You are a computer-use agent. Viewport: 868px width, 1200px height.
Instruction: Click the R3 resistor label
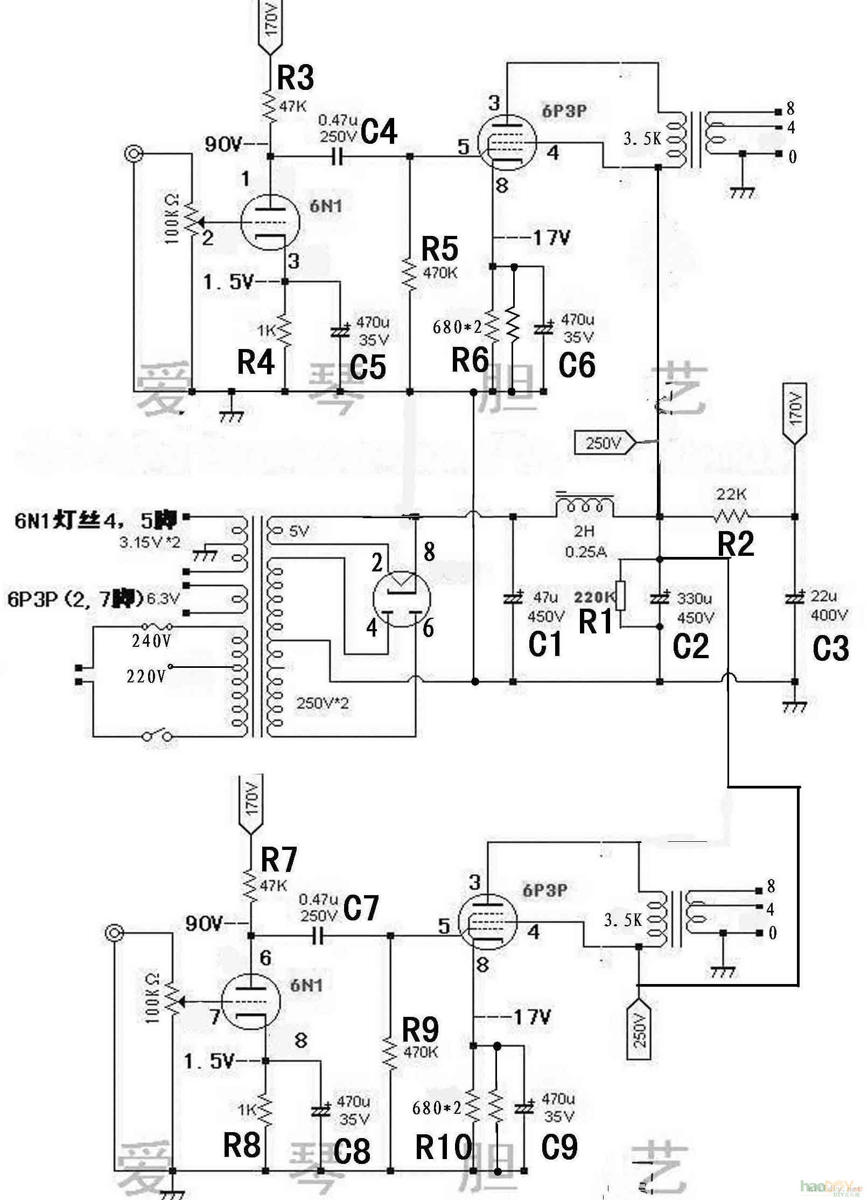pos(296,78)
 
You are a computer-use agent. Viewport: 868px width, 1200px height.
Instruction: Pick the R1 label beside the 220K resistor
pos(596,622)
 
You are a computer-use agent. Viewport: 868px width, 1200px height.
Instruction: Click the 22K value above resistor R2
pos(731,493)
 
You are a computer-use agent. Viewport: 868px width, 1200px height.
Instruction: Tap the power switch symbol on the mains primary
pos(157,735)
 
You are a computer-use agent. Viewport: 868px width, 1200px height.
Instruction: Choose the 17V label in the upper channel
pos(550,237)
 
